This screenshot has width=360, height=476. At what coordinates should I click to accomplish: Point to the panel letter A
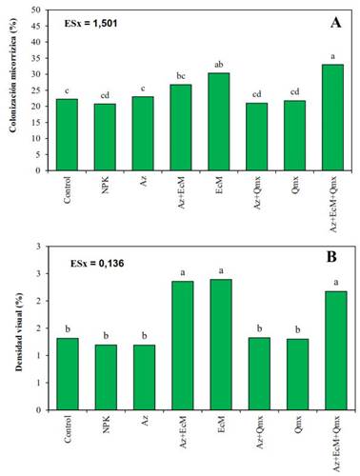coord(335,21)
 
